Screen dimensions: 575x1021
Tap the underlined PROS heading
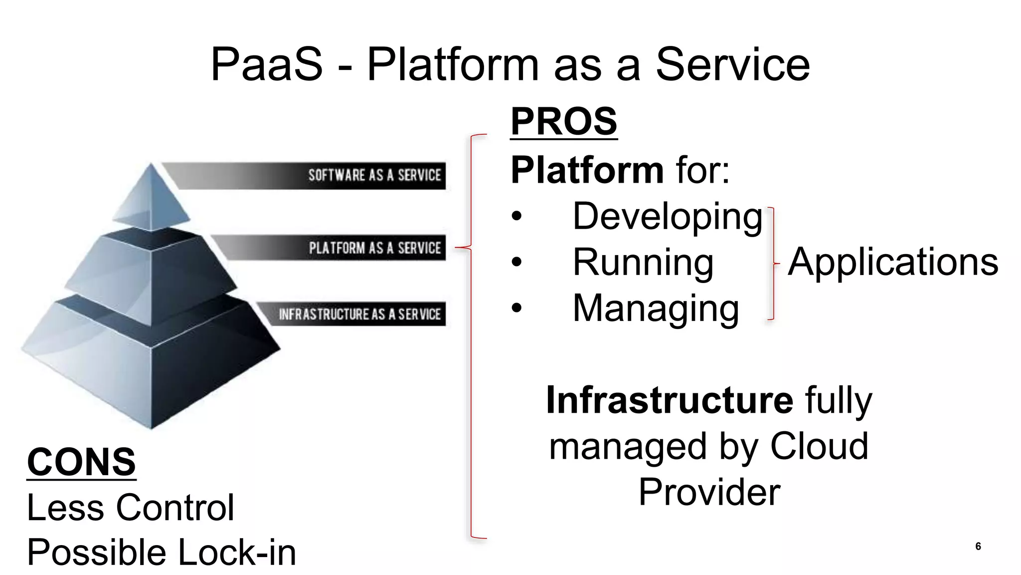pyautogui.click(x=564, y=121)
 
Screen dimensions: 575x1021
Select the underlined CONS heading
pyautogui.click(x=81, y=462)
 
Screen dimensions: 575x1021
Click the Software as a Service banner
pyautogui.click(x=374, y=175)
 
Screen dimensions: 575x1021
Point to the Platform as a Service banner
pyautogui.click(x=374, y=248)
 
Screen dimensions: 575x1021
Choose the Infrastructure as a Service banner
pyautogui.click(x=359, y=314)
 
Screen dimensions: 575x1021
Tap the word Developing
pyautogui.click(x=668, y=217)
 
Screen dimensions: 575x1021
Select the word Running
pyautogui.click(x=643, y=262)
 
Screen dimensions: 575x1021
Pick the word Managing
pyautogui.click(x=656, y=308)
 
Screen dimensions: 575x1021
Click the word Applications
pyautogui.click(x=893, y=262)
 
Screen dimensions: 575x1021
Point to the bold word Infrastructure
pyautogui.click(x=670, y=400)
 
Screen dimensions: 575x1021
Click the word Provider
pyautogui.click(x=709, y=492)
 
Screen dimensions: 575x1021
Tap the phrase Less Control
pyautogui.click(x=130, y=508)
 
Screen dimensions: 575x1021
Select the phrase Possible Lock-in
pyautogui.click(x=161, y=553)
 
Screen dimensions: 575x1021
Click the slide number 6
pyautogui.click(x=978, y=546)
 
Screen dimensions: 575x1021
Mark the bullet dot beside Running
pyautogui.click(x=516, y=262)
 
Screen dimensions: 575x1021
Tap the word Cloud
pyautogui.click(x=819, y=446)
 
